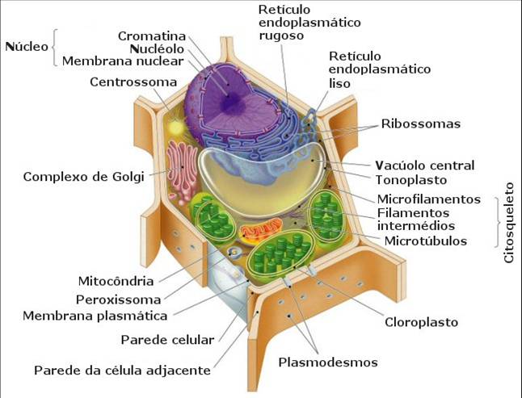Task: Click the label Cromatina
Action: pos(152,36)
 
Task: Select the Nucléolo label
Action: pos(158,48)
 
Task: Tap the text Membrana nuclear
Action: pos(124,61)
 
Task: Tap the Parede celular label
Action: pos(167,340)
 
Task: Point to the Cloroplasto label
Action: pos(420,322)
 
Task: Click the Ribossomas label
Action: pos(421,124)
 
